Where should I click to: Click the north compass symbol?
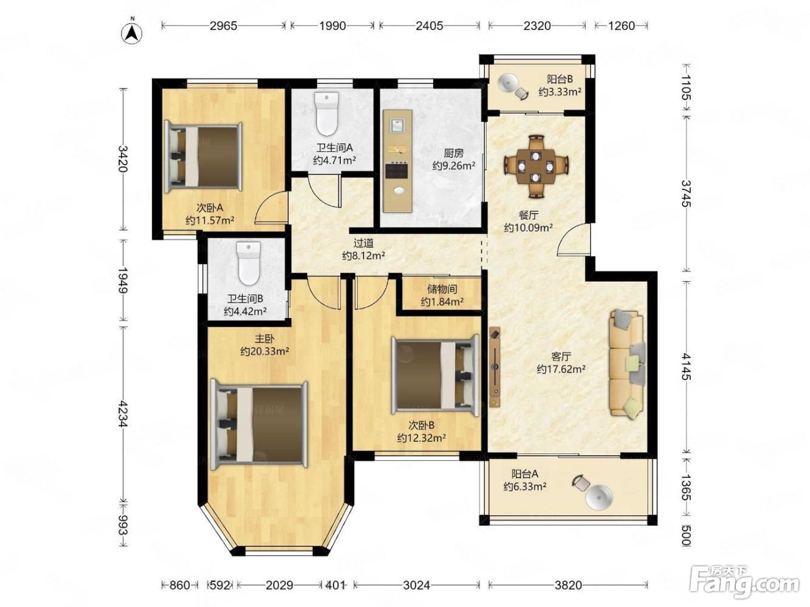click(x=132, y=33)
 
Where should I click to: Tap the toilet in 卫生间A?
click(x=326, y=114)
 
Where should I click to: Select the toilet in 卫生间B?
click(x=249, y=263)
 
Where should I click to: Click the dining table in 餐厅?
click(x=535, y=166)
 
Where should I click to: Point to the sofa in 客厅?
click(x=628, y=364)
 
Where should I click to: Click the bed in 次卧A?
click(x=203, y=158)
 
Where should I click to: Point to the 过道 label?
click(x=363, y=243)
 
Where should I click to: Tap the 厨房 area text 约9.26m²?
click(x=453, y=166)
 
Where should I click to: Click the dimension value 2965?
click(x=223, y=26)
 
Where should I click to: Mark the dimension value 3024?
click(x=416, y=585)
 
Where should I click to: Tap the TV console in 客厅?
click(x=495, y=367)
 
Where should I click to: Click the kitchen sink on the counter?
click(x=397, y=126)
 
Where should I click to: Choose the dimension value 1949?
click(x=123, y=280)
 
